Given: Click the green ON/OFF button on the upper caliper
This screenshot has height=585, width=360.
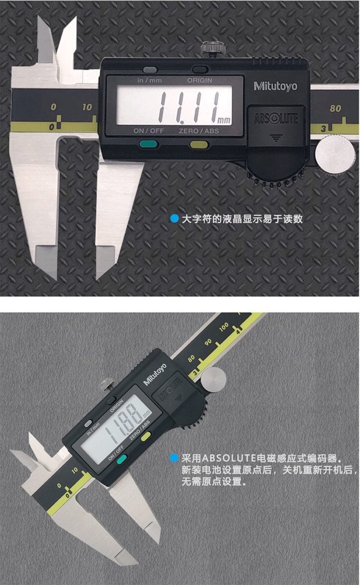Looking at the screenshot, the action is click(149, 144).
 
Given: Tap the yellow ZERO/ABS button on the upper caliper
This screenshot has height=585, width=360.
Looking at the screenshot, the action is click(199, 145).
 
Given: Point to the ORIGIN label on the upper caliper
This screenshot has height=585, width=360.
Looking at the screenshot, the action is click(200, 80).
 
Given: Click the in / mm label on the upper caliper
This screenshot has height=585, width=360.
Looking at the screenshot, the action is click(149, 80).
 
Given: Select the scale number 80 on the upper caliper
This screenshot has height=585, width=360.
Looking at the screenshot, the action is click(335, 109).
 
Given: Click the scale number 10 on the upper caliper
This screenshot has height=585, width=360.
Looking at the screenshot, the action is click(87, 107).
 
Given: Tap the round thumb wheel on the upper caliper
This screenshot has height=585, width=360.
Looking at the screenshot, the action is click(335, 155).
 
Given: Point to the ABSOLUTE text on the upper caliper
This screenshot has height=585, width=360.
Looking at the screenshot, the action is click(276, 119).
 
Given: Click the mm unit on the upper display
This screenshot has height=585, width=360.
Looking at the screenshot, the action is click(224, 120).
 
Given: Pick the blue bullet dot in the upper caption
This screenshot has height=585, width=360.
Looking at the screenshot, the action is click(175, 218).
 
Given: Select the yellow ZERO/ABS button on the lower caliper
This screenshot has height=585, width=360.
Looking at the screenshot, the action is click(146, 436).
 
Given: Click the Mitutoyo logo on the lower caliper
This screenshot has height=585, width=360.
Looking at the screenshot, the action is click(155, 374).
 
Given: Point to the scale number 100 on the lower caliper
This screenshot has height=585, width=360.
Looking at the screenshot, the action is click(224, 327).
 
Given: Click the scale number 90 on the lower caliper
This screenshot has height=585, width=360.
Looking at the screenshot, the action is click(208, 342).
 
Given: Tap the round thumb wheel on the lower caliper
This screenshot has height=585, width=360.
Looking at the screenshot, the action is click(214, 379).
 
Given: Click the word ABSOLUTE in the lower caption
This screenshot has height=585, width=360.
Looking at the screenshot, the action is click(229, 458).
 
